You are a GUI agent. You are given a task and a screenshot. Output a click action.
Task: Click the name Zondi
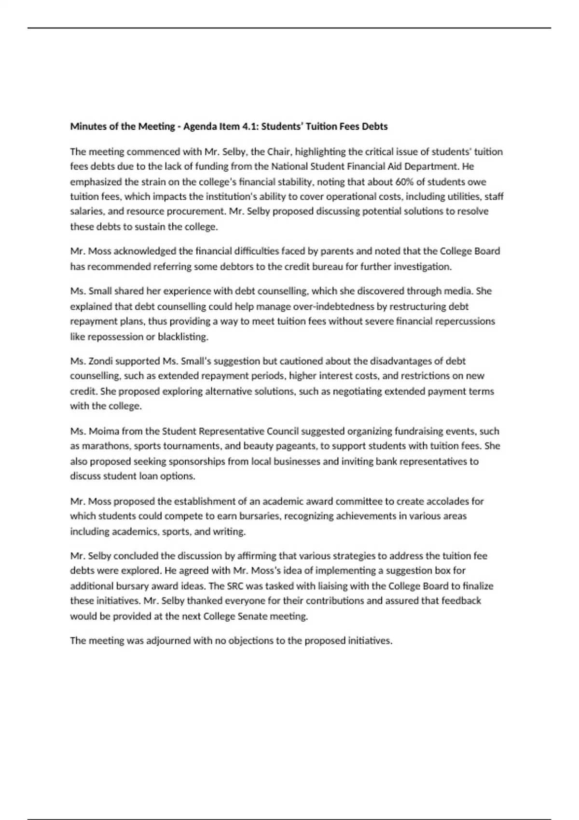pyautogui.click(x=100, y=361)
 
